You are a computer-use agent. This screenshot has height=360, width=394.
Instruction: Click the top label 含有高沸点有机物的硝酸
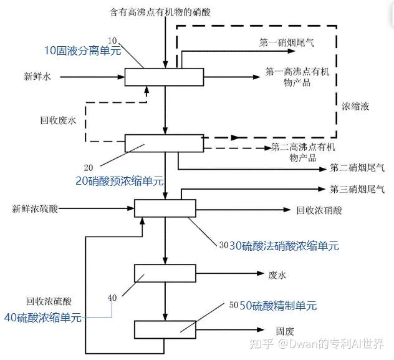coord(160,12)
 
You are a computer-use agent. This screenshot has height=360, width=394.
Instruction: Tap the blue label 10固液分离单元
coord(83,51)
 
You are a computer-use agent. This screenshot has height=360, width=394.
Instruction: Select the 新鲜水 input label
coord(37,76)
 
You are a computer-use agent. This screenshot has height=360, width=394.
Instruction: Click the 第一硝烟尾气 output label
coord(287,42)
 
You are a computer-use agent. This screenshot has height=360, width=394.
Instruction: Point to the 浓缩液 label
coord(355,106)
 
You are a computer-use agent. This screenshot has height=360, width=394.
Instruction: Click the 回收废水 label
coord(58,120)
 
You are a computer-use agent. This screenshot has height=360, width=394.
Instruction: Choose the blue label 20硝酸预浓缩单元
coord(120,181)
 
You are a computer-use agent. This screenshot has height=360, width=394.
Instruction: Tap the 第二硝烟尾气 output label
coord(357,168)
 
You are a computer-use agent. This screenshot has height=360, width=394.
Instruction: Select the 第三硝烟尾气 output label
coord(357,189)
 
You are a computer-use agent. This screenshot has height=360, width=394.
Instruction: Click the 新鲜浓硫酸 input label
coord(35,208)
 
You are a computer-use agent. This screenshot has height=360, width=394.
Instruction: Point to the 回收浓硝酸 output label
coord(319,210)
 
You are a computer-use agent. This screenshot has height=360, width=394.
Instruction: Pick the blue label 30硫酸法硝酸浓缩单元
coord(284,246)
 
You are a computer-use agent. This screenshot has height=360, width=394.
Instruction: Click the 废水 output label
coord(277,275)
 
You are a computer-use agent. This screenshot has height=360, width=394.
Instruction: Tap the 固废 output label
coord(285,331)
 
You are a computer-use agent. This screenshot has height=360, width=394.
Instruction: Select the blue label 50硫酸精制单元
coord(278,306)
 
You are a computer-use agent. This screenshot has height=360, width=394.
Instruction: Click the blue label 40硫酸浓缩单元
coord(43,318)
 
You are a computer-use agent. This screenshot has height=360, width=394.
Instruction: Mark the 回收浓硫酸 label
coord(49,301)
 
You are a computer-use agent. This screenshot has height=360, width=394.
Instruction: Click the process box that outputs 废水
coord(165,273)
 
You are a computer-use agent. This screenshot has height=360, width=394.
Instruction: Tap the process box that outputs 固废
coord(165,329)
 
